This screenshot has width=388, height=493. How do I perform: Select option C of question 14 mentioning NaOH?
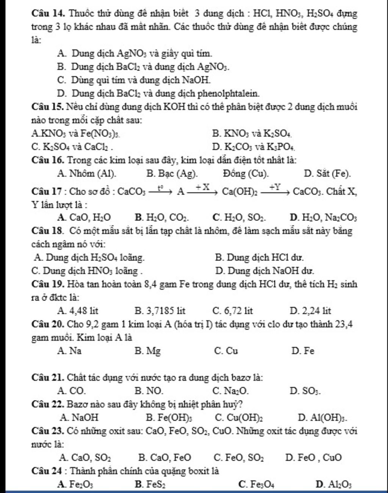coord(133,80)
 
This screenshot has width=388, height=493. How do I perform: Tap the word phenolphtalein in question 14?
coord(228,93)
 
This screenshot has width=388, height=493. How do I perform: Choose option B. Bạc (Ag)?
coord(172,174)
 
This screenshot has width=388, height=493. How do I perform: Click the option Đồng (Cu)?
coord(246,174)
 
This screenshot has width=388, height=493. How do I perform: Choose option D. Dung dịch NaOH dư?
coord(264,271)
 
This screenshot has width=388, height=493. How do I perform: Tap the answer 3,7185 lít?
coord(160,311)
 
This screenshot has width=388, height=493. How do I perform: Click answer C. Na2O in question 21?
coord(231,391)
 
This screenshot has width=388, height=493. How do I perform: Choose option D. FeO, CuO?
coord(314,458)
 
